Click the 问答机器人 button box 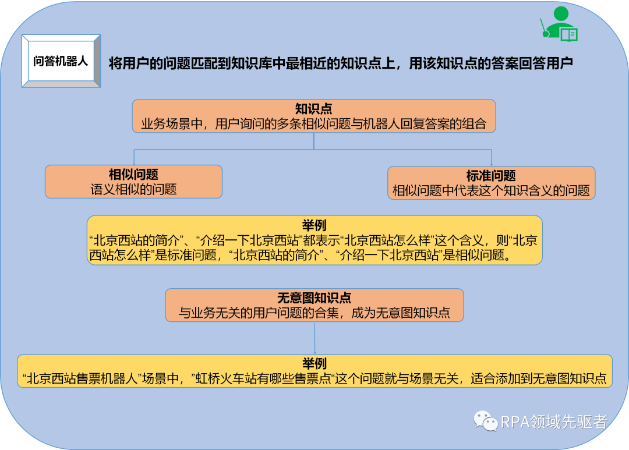click(x=61, y=61)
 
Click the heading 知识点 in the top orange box click(x=313, y=109)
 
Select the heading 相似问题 click(x=133, y=175)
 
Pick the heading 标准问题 click(x=491, y=176)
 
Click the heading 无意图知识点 click(x=314, y=298)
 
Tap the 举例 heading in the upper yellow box click(x=314, y=225)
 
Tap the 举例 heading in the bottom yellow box click(x=314, y=364)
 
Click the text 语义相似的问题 click(x=133, y=189)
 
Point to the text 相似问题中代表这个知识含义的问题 click(x=491, y=190)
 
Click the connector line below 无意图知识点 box click(x=314, y=338)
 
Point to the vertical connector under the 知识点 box click(x=314, y=141)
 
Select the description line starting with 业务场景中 click(x=313, y=123)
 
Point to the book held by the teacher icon click(x=569, y=35)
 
